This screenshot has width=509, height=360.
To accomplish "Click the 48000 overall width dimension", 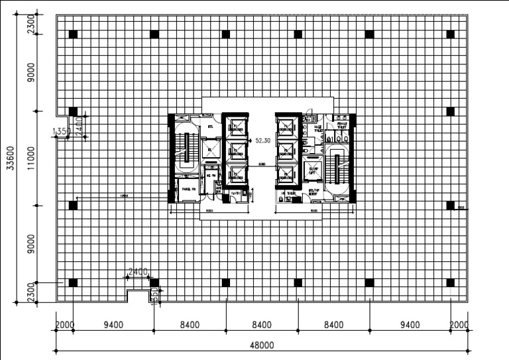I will pos(262,345).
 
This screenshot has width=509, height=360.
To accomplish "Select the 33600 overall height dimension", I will pos(10,158).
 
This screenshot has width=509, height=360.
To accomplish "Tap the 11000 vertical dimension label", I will pos(31,158).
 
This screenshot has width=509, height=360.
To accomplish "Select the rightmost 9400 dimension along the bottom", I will pos(410,325).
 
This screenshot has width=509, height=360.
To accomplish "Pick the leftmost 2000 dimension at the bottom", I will pos(64,325).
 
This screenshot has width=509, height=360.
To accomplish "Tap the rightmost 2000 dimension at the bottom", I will pos(459,325).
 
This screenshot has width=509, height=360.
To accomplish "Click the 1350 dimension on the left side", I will pos(59,131).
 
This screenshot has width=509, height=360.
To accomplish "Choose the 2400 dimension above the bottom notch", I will pos(137,272).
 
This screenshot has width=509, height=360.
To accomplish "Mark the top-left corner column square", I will pos(73,34).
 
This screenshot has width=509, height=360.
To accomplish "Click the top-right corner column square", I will pos(451,34).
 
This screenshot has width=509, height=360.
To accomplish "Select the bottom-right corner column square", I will pos(451,282).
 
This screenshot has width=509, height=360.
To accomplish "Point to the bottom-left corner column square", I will pos(73,282).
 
